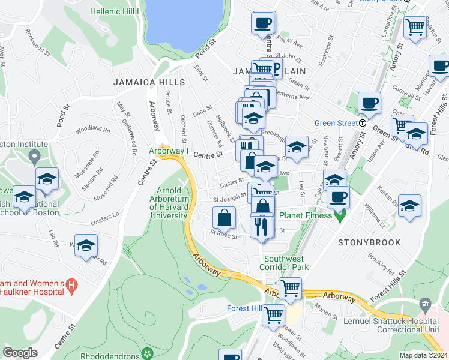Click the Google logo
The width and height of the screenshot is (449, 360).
(x=20, y=353)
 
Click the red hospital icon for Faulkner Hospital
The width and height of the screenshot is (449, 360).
(x=71, y=283)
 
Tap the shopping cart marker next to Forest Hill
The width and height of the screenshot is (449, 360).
(x=274, y=314)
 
